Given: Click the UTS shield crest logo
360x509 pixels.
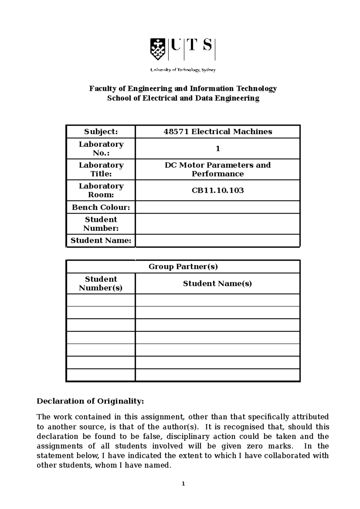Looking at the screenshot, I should pos(157,49).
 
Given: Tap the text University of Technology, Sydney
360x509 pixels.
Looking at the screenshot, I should pos(183,70).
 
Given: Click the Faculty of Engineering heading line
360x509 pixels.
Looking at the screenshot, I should pos(183,89).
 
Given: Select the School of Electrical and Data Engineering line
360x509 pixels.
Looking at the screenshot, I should pos(183,98).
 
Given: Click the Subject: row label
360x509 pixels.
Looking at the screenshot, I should pos(101,132).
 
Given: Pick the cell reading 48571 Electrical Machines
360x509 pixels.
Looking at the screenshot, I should pos(218,132).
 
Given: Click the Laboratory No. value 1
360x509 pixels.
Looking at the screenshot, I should pos(218,149).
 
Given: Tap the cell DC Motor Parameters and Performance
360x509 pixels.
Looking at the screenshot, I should pos(218,169).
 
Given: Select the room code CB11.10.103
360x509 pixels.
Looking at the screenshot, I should pos(218,190).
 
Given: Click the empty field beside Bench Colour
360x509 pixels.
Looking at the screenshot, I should pos(218,207).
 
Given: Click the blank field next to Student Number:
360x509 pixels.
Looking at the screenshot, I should pos(218,224).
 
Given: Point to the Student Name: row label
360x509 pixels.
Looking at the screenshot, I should pos(101,240).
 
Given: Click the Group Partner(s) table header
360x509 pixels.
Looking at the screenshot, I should pos(183,266).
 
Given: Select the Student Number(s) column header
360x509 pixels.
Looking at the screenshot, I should pos(101,284).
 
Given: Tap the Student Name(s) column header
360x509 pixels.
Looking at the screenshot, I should pos(217,284).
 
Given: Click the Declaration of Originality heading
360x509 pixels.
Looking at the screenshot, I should pos(90,401).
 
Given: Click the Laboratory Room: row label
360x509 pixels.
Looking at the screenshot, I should pos(101,190).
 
